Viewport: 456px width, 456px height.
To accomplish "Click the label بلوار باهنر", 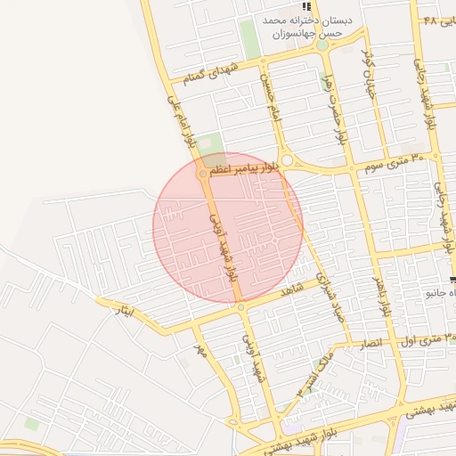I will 383,294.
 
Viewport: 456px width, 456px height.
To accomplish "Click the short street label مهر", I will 200,351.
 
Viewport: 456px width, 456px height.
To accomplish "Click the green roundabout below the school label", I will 322,44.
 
